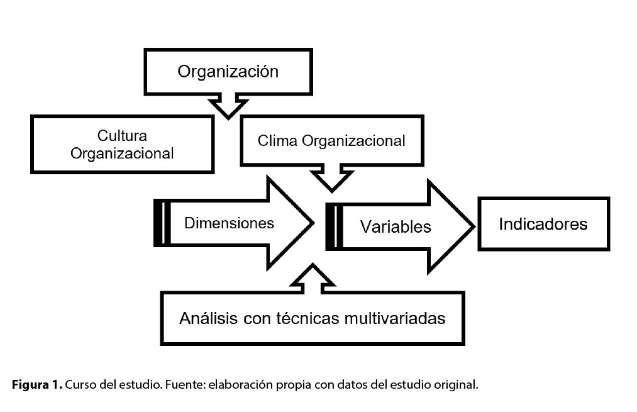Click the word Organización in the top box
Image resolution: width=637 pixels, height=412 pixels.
point(228,71)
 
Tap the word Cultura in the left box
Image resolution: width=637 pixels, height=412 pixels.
point(122,135)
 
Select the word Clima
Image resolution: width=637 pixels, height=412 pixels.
point(278,140)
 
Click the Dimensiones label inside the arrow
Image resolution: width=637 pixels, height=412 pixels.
point(229,223)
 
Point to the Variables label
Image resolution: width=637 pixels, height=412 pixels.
point(396,226)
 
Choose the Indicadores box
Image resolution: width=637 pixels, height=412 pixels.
point(543,224)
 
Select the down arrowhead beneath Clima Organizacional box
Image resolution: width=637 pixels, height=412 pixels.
point(331,181)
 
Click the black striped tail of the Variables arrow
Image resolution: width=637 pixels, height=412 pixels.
point(334,226)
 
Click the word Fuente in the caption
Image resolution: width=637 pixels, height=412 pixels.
point(183,384)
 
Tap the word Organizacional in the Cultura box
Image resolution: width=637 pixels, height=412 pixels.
point(122,153)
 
